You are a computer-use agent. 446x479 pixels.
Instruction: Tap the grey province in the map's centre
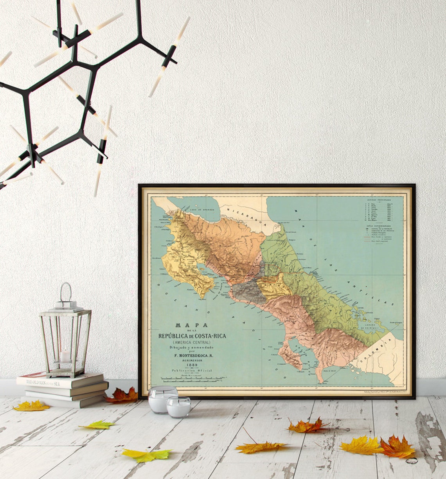point(249,292)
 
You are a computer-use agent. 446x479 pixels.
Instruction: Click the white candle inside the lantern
point(65,357)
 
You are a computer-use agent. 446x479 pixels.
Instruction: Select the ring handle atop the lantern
point(66,292)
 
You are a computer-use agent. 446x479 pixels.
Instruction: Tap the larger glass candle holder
point(163,399)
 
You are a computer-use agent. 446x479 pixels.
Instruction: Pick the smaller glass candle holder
point(178,407)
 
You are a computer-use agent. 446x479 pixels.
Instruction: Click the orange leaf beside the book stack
point(122,396)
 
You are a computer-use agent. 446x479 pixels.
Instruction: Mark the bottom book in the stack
point(65,402)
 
